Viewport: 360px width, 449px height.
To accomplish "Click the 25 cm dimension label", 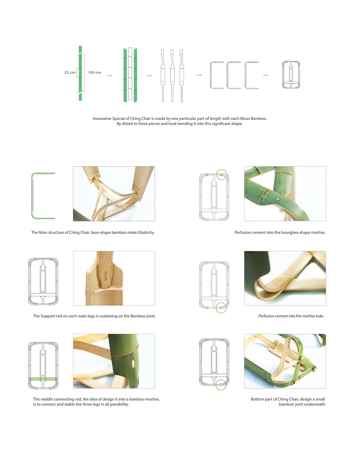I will click(70, 73).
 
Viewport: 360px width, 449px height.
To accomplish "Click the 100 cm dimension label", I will click(94, 73).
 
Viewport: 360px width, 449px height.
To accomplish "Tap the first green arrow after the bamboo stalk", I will click(109, 76).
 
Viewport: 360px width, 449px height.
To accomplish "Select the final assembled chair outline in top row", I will click(291, 75).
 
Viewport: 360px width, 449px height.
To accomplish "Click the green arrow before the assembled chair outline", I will click(265, 75).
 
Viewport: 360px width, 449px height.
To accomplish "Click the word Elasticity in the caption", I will click(146, 232).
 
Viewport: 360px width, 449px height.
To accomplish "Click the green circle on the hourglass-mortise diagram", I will click(222, 175).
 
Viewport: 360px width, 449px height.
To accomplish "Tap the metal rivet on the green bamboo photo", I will click(278, 198).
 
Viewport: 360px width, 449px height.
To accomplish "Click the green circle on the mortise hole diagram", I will click(221, 308).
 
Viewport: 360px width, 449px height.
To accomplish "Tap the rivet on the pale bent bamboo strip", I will click(280, 281).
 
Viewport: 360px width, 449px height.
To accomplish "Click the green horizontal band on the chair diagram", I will click(43, 379).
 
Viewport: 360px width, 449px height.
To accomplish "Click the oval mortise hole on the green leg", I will click(133, 364).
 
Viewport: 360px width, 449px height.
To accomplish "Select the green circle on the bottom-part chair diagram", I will click(221, 385).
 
